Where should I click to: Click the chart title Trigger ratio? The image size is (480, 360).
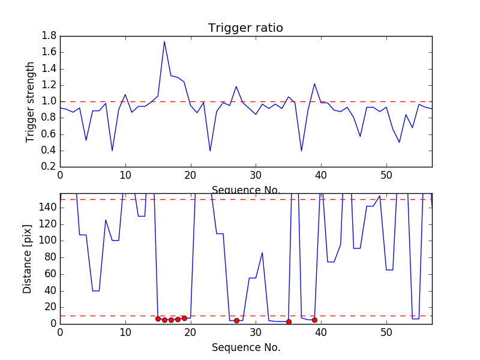tap(245, 28)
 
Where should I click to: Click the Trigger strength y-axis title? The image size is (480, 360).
tap(31, 101)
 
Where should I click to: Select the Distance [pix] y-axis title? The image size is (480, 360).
tap(28, 259)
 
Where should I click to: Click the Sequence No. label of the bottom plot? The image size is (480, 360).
tap(245, 347)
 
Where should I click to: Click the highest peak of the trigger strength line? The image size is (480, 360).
tap(164, 41)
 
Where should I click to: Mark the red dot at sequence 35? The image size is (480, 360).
tap(289, 322)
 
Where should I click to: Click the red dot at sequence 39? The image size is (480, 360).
tap(314, 320)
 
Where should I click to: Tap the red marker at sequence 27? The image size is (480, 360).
tap(236, 320)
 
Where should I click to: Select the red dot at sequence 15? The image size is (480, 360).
tap(158, 319)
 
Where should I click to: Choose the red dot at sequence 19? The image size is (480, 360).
tap(184, 318)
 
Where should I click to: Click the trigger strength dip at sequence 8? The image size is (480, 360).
tap(112, 150)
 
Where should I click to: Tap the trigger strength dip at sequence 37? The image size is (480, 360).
tap(301, 151)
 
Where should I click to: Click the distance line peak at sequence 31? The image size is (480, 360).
tap(262, 253)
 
